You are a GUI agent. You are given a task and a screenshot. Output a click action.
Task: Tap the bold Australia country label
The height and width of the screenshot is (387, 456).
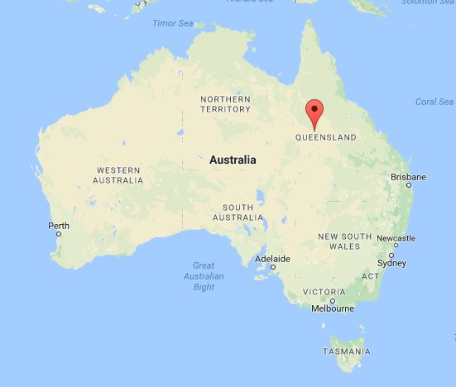pyautogui.click(x=233, y=159)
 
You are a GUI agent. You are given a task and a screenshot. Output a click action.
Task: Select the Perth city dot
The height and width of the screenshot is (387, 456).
pyautogui.click(x=59, y=235)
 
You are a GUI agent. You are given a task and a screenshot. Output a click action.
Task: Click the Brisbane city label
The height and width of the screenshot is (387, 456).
pyautogui.click(x=409, y=177)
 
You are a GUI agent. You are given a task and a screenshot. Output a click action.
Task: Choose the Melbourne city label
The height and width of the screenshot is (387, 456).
pyautogui.click(x=333, y=308)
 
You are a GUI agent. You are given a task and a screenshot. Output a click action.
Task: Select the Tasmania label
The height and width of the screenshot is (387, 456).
pyautogui.click(x=347, y=351)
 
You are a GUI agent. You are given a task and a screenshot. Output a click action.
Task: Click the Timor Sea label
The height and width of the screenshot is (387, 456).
pyautogui.click(x=170, y=23)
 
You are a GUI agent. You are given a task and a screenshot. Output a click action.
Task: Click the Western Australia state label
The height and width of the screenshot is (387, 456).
pyautogui.click(x=118, y=174)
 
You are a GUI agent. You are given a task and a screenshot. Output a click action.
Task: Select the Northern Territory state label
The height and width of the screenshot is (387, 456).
pyautogui.click(x=225, y=103)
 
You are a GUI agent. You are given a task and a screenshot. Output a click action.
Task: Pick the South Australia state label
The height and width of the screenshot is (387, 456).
pyautogui.click(x=237, y=212)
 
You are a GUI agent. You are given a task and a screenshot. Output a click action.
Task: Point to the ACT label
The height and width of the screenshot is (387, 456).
pyautogui.click(x=371, y=275)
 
